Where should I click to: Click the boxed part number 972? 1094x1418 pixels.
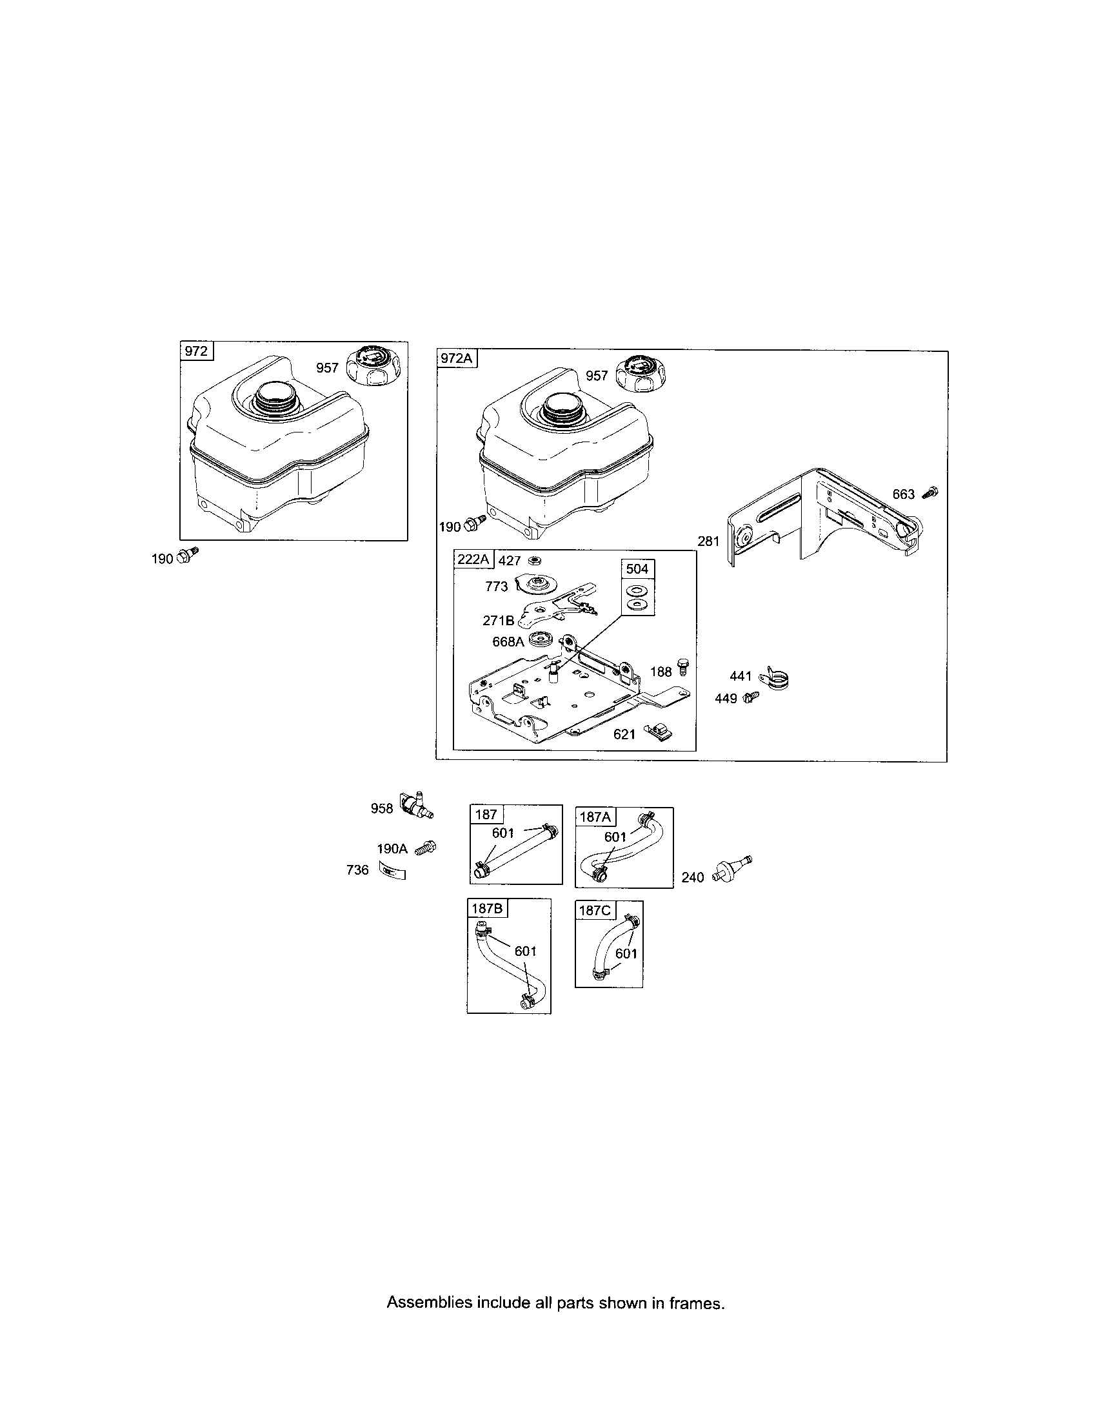coord(195,351)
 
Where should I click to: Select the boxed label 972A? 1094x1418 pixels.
coord(457,358)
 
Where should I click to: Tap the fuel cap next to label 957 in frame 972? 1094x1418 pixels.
coord(373,366)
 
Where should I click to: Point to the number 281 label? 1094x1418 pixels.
coord(709,540)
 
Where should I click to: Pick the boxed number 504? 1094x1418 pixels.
coord(637,568)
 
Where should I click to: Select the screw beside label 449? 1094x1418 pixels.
coord(751,697)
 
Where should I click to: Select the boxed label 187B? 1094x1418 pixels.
coord(487,908)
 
